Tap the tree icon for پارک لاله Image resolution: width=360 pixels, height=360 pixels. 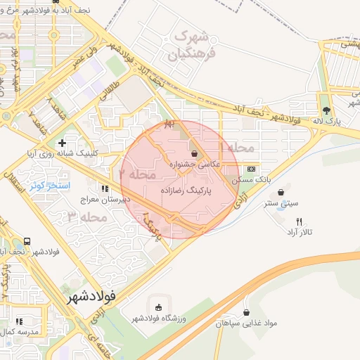pyautogui.click(x=326, y=110)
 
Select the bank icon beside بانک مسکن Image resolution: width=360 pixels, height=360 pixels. pyautogui.click(x=251, y=169)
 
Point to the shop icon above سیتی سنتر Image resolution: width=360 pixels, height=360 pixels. pyautogui.click(x=281, y=192)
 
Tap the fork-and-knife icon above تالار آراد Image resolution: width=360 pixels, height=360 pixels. pyautogui.click(x=300, y=221)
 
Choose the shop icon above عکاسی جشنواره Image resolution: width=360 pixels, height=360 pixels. pyautogui.click(x=194, y=153)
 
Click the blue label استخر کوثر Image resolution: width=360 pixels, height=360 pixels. pyautogui.click(x=47, y=185)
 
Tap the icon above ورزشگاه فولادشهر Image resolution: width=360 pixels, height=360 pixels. pyautogui.click(x=157, y=308)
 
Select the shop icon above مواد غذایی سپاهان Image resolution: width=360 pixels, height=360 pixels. pyautogui.click(x=247, y=312)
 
